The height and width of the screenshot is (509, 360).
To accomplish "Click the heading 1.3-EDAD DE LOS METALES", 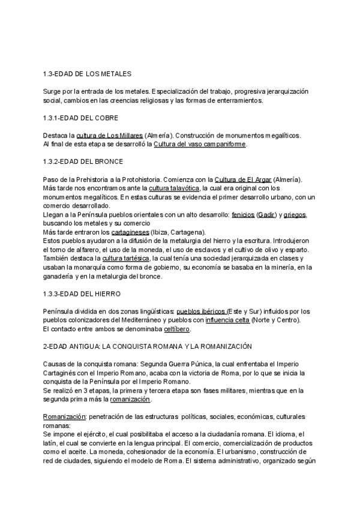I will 87,74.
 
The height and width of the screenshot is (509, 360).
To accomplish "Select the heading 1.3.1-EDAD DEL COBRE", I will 80,117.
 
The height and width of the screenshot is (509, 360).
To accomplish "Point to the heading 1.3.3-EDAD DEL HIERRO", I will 82,294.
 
